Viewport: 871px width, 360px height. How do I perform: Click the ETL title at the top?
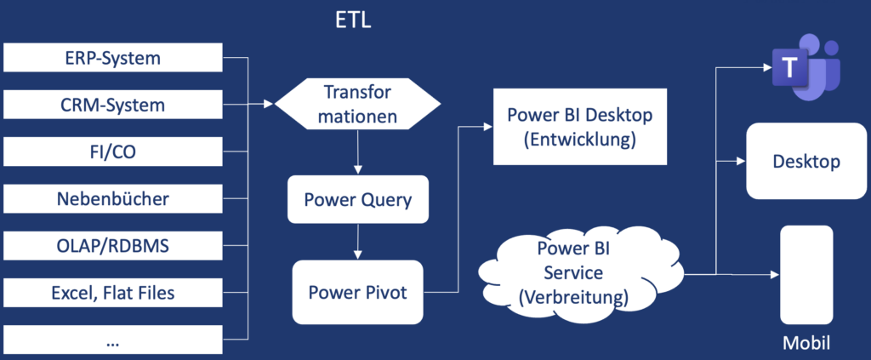pos(352,19)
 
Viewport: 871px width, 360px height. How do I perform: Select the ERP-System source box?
pos(113,59)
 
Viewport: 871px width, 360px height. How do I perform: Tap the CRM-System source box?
pos(113,106)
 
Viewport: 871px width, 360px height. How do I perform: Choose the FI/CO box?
pos(113,152)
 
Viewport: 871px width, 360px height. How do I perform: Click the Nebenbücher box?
pos(113,199)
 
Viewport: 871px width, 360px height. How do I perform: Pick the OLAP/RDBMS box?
pos(113,246)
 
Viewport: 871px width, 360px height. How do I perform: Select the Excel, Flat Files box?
pos(113,293)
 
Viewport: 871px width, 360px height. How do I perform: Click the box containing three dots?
pos(113,340)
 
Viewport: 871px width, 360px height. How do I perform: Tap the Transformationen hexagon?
pos(357,104)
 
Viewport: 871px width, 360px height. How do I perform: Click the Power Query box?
pos(357,200)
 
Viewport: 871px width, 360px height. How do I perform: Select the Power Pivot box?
pos(357,293)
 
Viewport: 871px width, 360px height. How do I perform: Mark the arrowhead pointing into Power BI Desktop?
pos(487,127)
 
